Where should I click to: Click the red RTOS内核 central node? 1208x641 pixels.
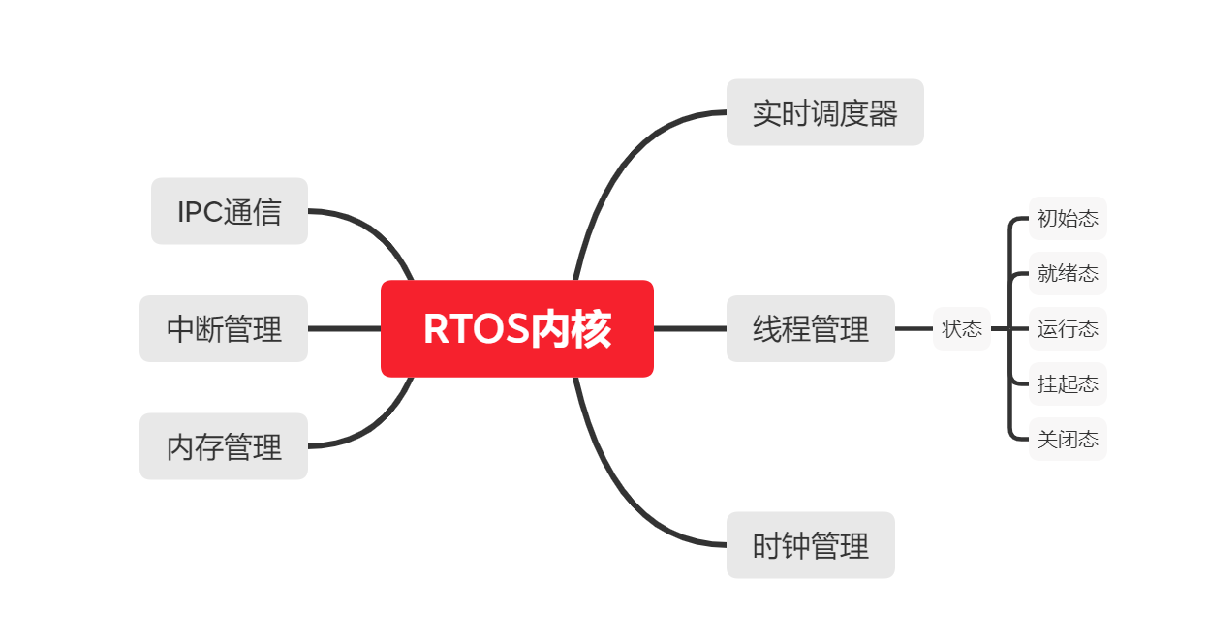pyautogui.click(x=516, y=328)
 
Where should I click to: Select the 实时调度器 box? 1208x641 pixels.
pyautogui.click(x=824, y=112)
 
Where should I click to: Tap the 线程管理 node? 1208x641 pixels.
pyautogui.click(x=810, y=328)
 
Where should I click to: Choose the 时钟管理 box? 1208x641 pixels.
pyautogui.click(x=810, y=545)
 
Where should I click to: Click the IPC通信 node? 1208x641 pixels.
pyautogui.click(x=229, y=211)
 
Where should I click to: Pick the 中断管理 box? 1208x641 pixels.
pyautogui.click(x=224, y=328)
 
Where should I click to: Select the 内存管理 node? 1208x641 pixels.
pyautogui.click(x=224, y=446)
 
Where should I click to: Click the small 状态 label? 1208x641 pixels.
pyautogui.click(x=961, y=328)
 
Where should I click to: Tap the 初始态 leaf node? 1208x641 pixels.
pyautogui.click(x=1067, y=218)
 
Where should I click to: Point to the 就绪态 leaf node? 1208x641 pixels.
pyautogui.click(x=1067, y=273)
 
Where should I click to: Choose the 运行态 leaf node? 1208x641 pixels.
pyautogui.click(x=1067, y=328)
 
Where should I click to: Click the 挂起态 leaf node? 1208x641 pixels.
pyautogui.click(x=1067, y=383)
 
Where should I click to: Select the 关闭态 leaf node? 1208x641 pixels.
pyautogui.click(x=1067, y=440)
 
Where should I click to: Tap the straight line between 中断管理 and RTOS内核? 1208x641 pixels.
pyautogui.click(x=344, y=328)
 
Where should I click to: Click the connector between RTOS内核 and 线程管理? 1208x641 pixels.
pyautogui.click(x=690, y=328)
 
